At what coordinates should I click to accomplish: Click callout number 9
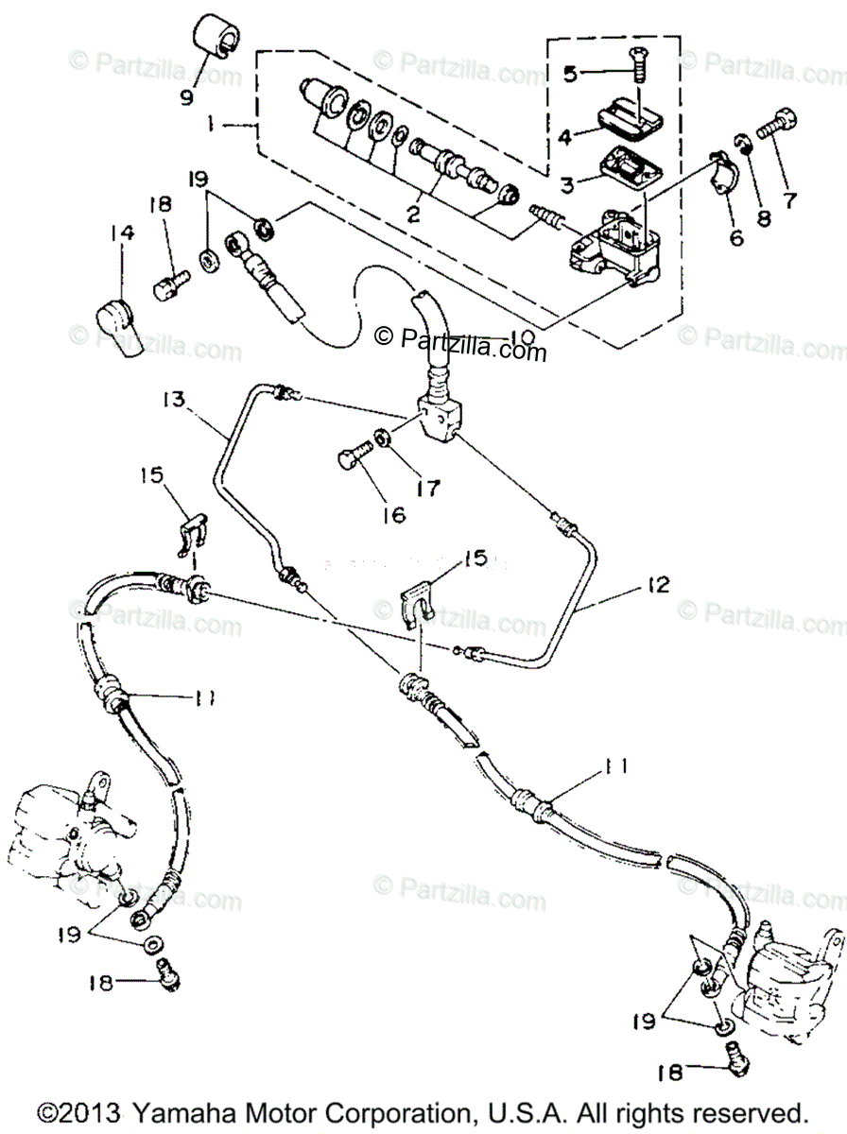coord(185,95)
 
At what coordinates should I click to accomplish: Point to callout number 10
coord(522,337)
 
